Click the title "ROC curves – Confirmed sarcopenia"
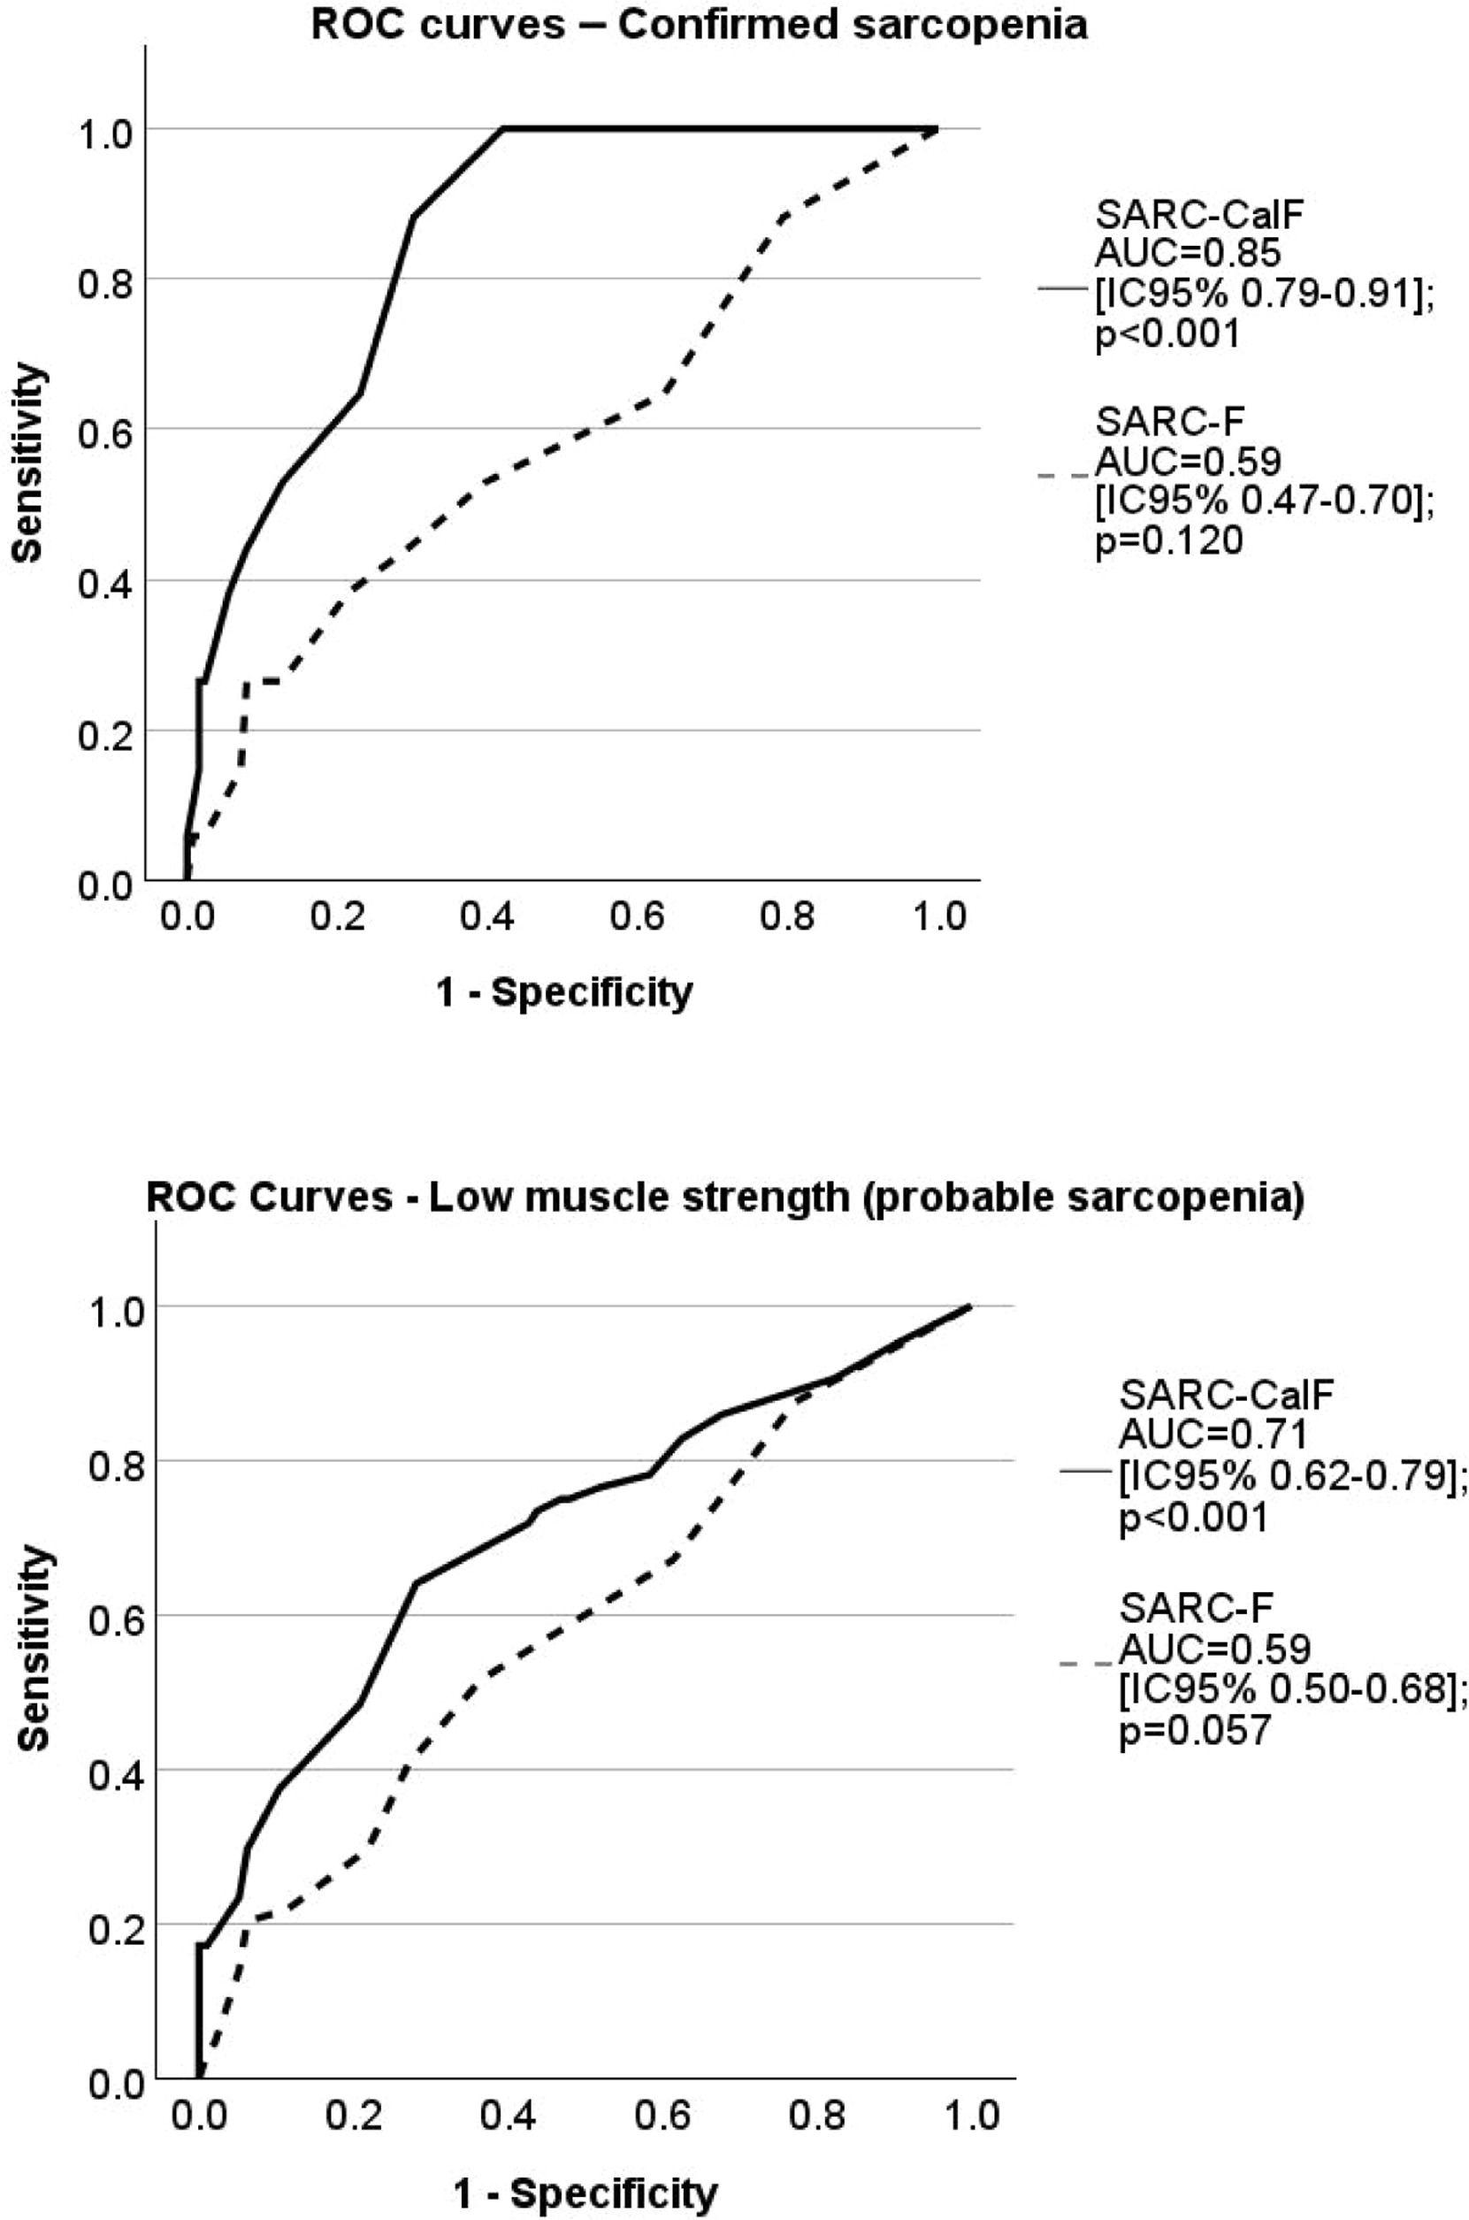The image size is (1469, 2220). click(699, 25)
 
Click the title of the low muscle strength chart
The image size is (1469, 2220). click(724, 1200)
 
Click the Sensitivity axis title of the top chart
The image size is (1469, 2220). click(29, 463)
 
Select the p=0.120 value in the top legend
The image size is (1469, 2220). click(1169, 541)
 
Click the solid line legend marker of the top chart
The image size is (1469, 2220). click(1062, 290)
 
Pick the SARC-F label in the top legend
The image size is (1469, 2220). click(1170, 424)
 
